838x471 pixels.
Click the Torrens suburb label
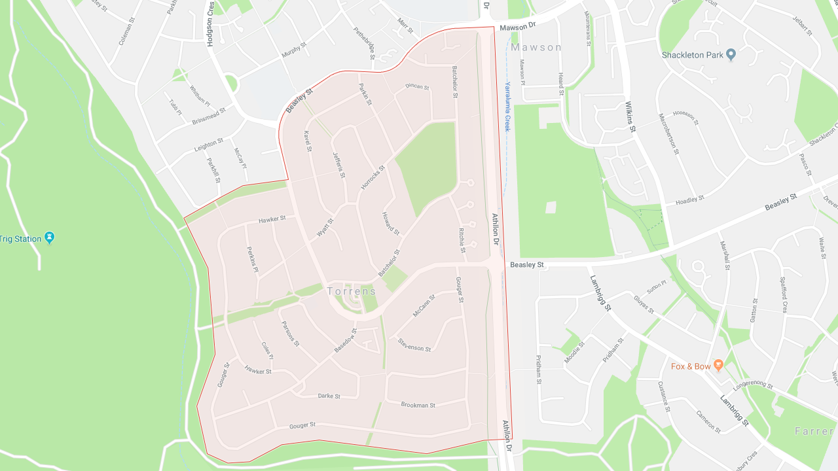click(352, 291)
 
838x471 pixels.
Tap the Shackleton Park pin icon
click(731, 55)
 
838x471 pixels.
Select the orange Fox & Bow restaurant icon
click(718, 365)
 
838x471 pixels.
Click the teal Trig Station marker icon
click(49, 237)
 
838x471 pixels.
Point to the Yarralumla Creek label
click(507, 107)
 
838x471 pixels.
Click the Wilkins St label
click(630, 116)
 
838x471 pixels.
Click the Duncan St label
click(417, 86)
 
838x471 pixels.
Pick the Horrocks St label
click(373, 178)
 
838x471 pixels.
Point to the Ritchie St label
click(462, 240)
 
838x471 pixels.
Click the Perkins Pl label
click(253, 259)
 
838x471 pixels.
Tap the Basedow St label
click(345, 341)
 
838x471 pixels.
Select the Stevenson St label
click(414, 347)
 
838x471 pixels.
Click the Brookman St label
click(418, 405)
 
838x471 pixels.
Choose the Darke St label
click(329, 396)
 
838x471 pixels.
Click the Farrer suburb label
click(814, 431)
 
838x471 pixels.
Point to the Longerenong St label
click(753, 386)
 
